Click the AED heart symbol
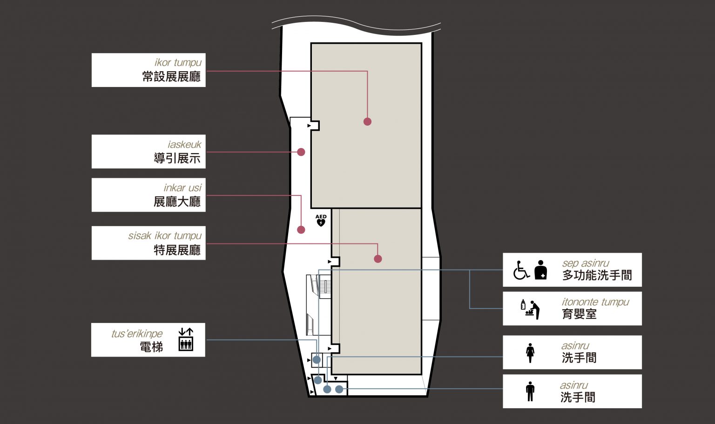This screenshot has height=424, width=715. (x=321, y=222)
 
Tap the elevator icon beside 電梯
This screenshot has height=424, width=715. (x=186, y=339)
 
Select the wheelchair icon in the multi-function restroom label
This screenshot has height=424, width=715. (x=521, y=270)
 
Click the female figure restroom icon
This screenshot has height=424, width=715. (x=530, y=353)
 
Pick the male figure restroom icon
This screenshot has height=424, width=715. (x=530, y=391)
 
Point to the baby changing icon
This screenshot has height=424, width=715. (x=530, y=309)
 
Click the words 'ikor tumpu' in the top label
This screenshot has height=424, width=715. (x=178, y=62)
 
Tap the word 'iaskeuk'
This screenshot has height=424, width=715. (x=184, y=145)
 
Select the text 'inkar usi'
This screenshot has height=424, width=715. (x=182, y=188)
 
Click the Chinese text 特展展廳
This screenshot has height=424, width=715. (x=177, y=250)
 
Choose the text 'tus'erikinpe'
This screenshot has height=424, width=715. (x=137, y=334)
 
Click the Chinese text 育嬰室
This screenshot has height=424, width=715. (x=579, y=314)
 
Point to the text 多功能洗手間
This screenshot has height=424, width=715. (x=597, y=275)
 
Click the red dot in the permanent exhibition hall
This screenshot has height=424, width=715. (x=367, y=121)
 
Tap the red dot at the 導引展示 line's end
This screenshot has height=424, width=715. (x=301, y=152)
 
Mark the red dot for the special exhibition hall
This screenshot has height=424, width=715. (x=378, y=259)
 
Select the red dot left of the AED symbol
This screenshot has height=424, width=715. (x=301, y=229)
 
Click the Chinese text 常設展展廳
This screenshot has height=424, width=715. (x=171, y=77)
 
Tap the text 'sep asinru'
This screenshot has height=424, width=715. (x=586, y=263)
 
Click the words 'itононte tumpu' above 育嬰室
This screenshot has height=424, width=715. (x=595, y=302)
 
